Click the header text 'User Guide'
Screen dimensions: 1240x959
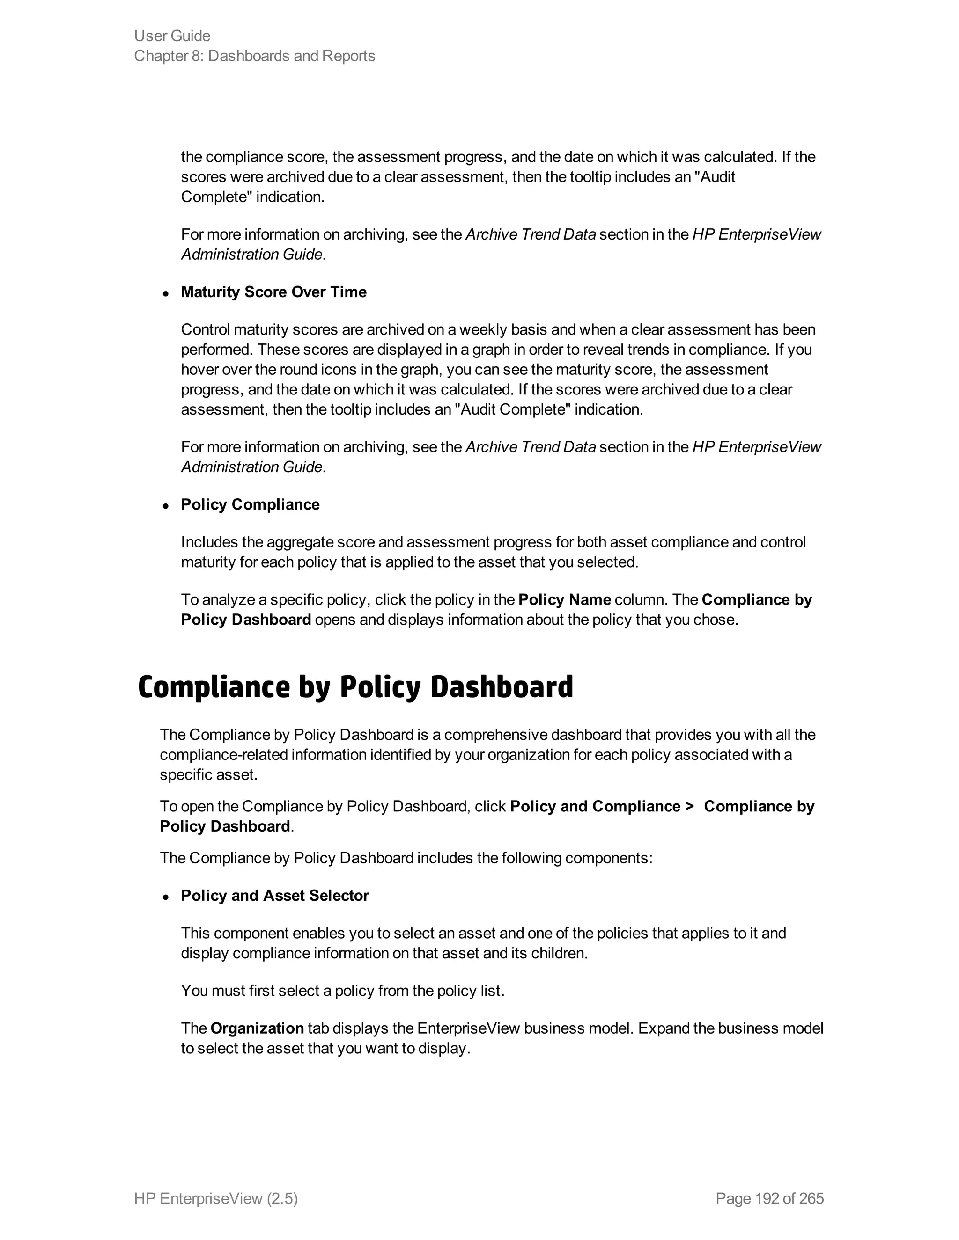172,36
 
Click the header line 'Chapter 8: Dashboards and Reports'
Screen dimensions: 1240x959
255,56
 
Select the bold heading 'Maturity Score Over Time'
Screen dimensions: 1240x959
274,292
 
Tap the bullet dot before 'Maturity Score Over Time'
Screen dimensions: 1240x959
166,293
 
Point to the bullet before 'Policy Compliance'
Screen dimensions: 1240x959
166,506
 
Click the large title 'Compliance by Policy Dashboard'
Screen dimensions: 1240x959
356,686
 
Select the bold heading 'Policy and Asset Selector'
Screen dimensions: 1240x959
275,895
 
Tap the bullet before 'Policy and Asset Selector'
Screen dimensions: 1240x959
166,897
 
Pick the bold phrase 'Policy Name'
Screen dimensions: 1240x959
565,599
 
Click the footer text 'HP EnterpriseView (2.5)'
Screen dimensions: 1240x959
216,1198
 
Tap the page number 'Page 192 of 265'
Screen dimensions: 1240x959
770,1198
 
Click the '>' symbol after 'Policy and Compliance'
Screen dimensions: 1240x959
690,806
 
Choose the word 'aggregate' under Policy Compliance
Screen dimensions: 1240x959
300,542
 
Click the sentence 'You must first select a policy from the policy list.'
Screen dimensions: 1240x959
343,991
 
